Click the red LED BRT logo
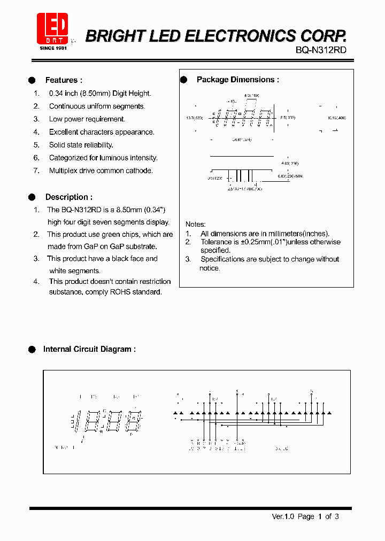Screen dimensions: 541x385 point(52,28)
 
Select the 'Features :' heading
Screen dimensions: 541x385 point(64,80)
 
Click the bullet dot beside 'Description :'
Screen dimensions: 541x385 point(32,197)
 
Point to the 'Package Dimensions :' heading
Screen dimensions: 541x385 point(237,80)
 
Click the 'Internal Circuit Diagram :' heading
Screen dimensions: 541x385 point(89,349)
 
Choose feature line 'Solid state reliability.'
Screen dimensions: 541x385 point(81,145)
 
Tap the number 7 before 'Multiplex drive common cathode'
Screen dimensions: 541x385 point(36,171)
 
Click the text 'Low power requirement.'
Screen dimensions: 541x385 point(87,119)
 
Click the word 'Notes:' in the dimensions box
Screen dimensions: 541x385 point(195,224)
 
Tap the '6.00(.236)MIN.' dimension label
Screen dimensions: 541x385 point(290,176)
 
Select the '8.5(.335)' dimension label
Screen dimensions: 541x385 point(287,117)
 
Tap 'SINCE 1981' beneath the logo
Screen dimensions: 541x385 point(53,48)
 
